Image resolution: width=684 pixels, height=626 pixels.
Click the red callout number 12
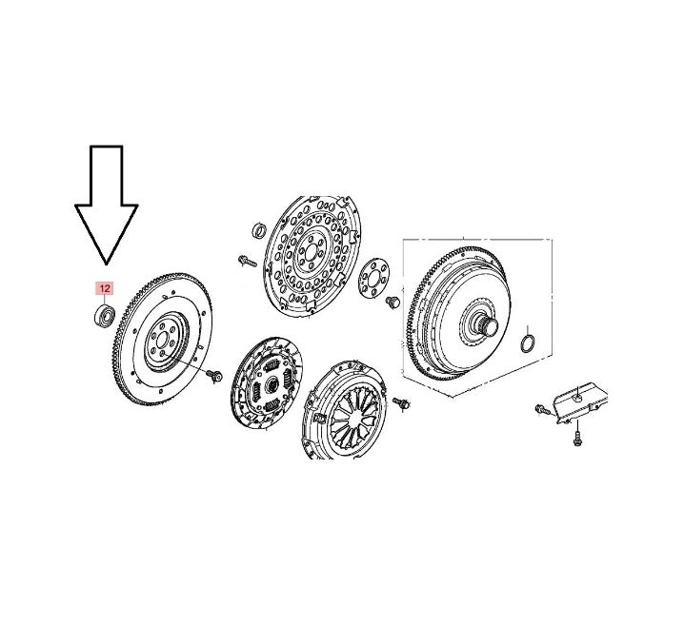coord(104,288)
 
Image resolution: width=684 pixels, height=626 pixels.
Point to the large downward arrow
coord(107,205)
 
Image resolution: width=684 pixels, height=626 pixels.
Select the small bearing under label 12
coord(105,316)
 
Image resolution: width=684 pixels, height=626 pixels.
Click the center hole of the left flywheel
coord(162,340)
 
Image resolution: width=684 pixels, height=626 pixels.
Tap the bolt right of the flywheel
coord(214,375)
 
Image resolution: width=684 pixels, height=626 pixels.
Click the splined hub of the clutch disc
coord(272,383)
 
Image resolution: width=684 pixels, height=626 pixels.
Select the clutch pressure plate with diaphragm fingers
coord(344,410)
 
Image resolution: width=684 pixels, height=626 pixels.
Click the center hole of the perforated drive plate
coord(311,253)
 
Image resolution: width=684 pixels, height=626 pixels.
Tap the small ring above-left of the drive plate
coord(260,230)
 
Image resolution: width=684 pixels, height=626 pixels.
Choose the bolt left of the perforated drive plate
coord(248,261)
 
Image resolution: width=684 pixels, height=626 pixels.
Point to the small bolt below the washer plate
coord(393,302)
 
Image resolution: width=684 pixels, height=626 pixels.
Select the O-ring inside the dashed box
coord(529,342)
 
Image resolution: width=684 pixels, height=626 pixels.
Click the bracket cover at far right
coord(580,402)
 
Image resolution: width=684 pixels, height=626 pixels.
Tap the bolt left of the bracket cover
coord(542,409)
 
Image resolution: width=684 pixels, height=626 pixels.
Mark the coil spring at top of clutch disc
coord(272,366)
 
